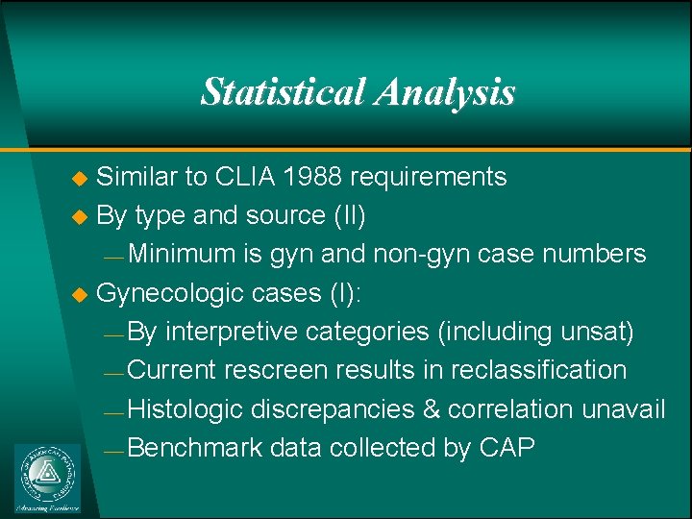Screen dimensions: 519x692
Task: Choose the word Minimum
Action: [x=182, y=254]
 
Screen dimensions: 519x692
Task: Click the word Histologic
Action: [x=185, y=409]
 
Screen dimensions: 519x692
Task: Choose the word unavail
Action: [x=623, y=409]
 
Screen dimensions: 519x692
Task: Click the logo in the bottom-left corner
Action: [x=48, y=478]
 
